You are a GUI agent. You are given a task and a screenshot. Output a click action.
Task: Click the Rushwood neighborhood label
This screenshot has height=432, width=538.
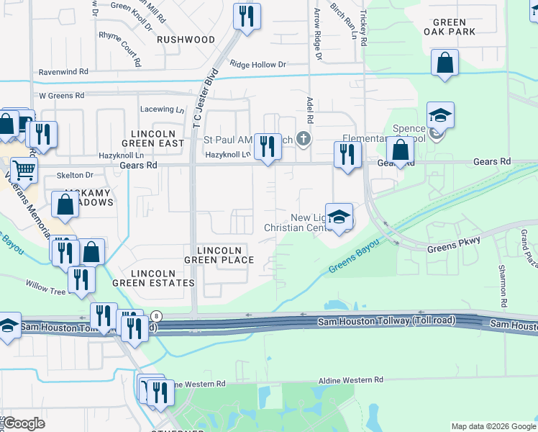click(186, 40)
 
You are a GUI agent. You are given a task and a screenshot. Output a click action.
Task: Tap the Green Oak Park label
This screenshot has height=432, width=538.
click(450, 27)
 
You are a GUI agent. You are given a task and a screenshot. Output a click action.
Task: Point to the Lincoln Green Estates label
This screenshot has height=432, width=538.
click(163, 279)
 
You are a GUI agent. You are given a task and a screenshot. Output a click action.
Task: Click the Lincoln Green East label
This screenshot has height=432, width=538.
click(153, 139)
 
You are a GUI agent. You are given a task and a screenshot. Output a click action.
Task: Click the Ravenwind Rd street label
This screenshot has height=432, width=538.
click(63, 72)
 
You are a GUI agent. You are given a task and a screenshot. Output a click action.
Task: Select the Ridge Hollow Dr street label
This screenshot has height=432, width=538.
click(258, 65)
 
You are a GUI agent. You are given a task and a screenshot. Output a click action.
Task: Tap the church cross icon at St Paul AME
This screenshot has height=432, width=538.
click(304, 138)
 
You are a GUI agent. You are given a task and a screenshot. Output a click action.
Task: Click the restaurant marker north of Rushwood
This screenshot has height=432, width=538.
click(247, 16)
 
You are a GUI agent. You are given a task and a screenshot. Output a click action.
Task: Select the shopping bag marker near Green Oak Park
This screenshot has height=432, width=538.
click(445, 63)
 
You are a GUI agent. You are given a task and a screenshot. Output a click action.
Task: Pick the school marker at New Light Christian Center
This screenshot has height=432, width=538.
click(339, 216)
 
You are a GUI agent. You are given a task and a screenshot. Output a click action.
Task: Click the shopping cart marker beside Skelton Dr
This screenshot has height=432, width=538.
click(24, 171)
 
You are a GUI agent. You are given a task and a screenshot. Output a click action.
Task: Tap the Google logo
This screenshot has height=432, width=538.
click(23, 423)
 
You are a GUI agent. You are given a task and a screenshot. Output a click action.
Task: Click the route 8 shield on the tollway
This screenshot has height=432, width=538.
click(157, 316)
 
